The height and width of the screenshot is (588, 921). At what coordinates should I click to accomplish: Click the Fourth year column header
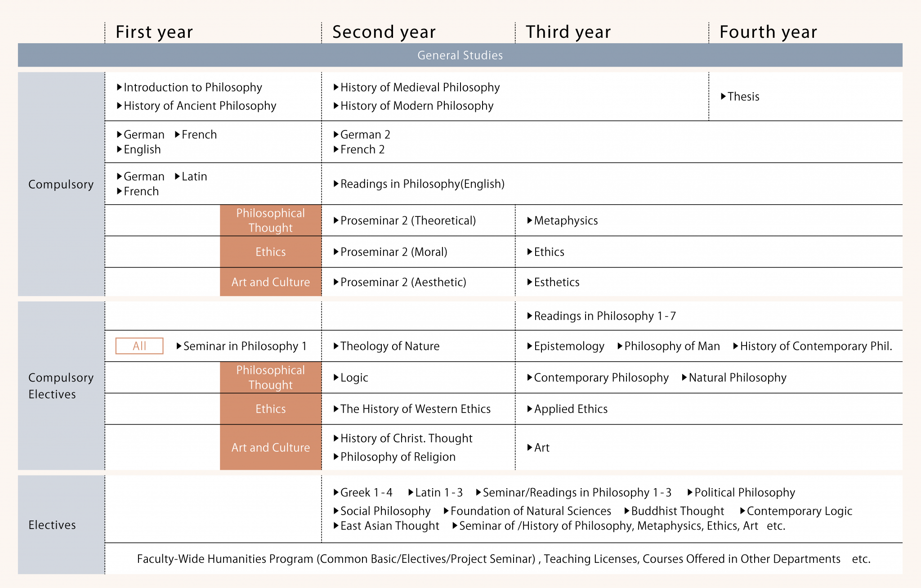click(x=768, y=32)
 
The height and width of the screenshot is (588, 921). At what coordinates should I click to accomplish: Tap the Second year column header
click(x=384, y=32)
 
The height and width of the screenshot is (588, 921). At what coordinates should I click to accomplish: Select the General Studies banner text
click(x=460, y=55)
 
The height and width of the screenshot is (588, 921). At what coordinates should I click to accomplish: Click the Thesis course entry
click(x=743, y=97)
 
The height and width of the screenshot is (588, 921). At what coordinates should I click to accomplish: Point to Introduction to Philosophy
click(x=192, y=87)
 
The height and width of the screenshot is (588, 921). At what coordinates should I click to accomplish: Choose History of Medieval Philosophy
click(x=420, y=87)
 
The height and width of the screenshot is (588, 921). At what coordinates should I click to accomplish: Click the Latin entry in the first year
click(x=194, y=176)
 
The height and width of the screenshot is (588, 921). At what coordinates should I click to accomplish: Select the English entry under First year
click(x=142, y=149)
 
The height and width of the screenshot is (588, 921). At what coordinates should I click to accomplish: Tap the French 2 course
click(x=362, y=149)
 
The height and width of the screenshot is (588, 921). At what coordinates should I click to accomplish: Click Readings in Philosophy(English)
click(x=422, y=184)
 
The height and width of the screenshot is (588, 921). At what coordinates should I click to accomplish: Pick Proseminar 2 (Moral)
click(x=393, y=252)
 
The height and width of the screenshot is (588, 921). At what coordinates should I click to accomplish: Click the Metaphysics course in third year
click(x=565, y=220)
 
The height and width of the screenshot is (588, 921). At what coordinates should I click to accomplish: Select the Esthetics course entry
click(x=556, y=282)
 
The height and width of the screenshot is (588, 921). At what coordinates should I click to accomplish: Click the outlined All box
click(x=139, y=346)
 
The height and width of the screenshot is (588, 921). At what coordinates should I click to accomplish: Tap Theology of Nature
click(x=389, y=346)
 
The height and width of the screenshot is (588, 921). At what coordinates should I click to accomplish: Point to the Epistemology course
click(x=569, y=346)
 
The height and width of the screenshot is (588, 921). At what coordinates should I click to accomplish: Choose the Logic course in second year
click(x=354, y=377)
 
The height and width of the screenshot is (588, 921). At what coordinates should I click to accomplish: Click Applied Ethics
click(x=570, y=409)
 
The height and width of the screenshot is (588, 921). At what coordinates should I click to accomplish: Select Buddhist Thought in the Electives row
click(x=677, y=511)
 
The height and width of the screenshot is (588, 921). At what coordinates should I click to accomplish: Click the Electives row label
click(x=52, y=525)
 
